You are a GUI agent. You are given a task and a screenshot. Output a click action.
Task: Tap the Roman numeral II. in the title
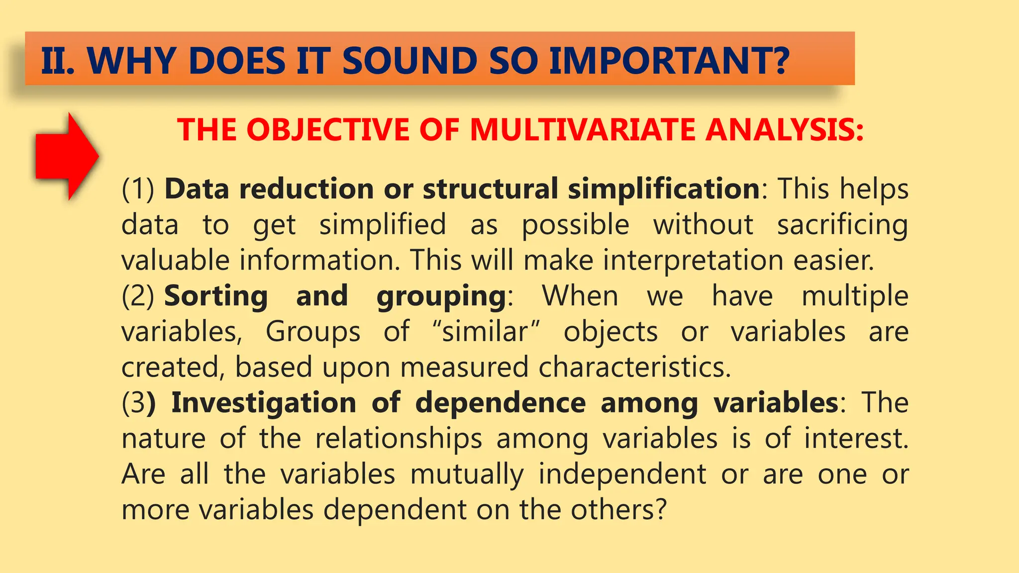[58, 61]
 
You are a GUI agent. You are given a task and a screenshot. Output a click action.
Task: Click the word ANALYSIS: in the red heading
[785, 130]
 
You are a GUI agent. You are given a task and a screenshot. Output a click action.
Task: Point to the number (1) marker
[138, 190]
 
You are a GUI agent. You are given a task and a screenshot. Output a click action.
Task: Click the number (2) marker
[138, 296]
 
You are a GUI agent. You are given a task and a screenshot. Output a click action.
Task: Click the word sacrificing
[842, 225]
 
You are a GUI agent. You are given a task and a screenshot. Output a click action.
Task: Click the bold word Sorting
[216, 296]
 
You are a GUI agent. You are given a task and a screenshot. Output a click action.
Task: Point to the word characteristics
[634, 367]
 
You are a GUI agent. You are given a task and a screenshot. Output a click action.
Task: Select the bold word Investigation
[264, 403]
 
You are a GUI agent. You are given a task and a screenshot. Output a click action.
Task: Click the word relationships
[399, 439]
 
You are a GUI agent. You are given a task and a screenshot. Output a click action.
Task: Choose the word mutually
[467, 475]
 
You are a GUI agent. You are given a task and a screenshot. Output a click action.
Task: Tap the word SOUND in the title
[407, 61]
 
